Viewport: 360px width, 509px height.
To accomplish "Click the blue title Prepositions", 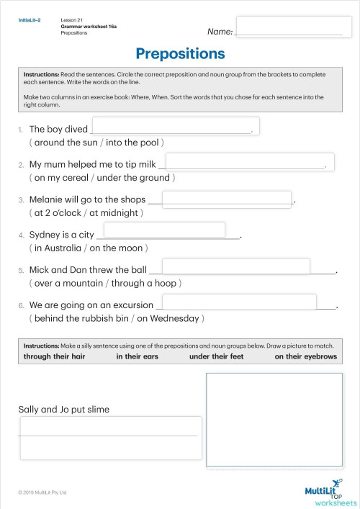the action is point(180,54).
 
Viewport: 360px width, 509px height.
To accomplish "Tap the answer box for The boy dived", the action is point(175,127).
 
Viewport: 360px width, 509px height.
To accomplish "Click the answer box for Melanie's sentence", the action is point(227,199).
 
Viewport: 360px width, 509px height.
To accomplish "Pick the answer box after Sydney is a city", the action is point(165,230).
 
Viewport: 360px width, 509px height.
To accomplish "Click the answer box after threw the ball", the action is point(235,266).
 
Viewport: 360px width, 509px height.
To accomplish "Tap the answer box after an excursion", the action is point(235,302).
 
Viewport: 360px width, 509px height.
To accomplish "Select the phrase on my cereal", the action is point(60,177).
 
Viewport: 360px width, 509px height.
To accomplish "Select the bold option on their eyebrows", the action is point(305,356).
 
